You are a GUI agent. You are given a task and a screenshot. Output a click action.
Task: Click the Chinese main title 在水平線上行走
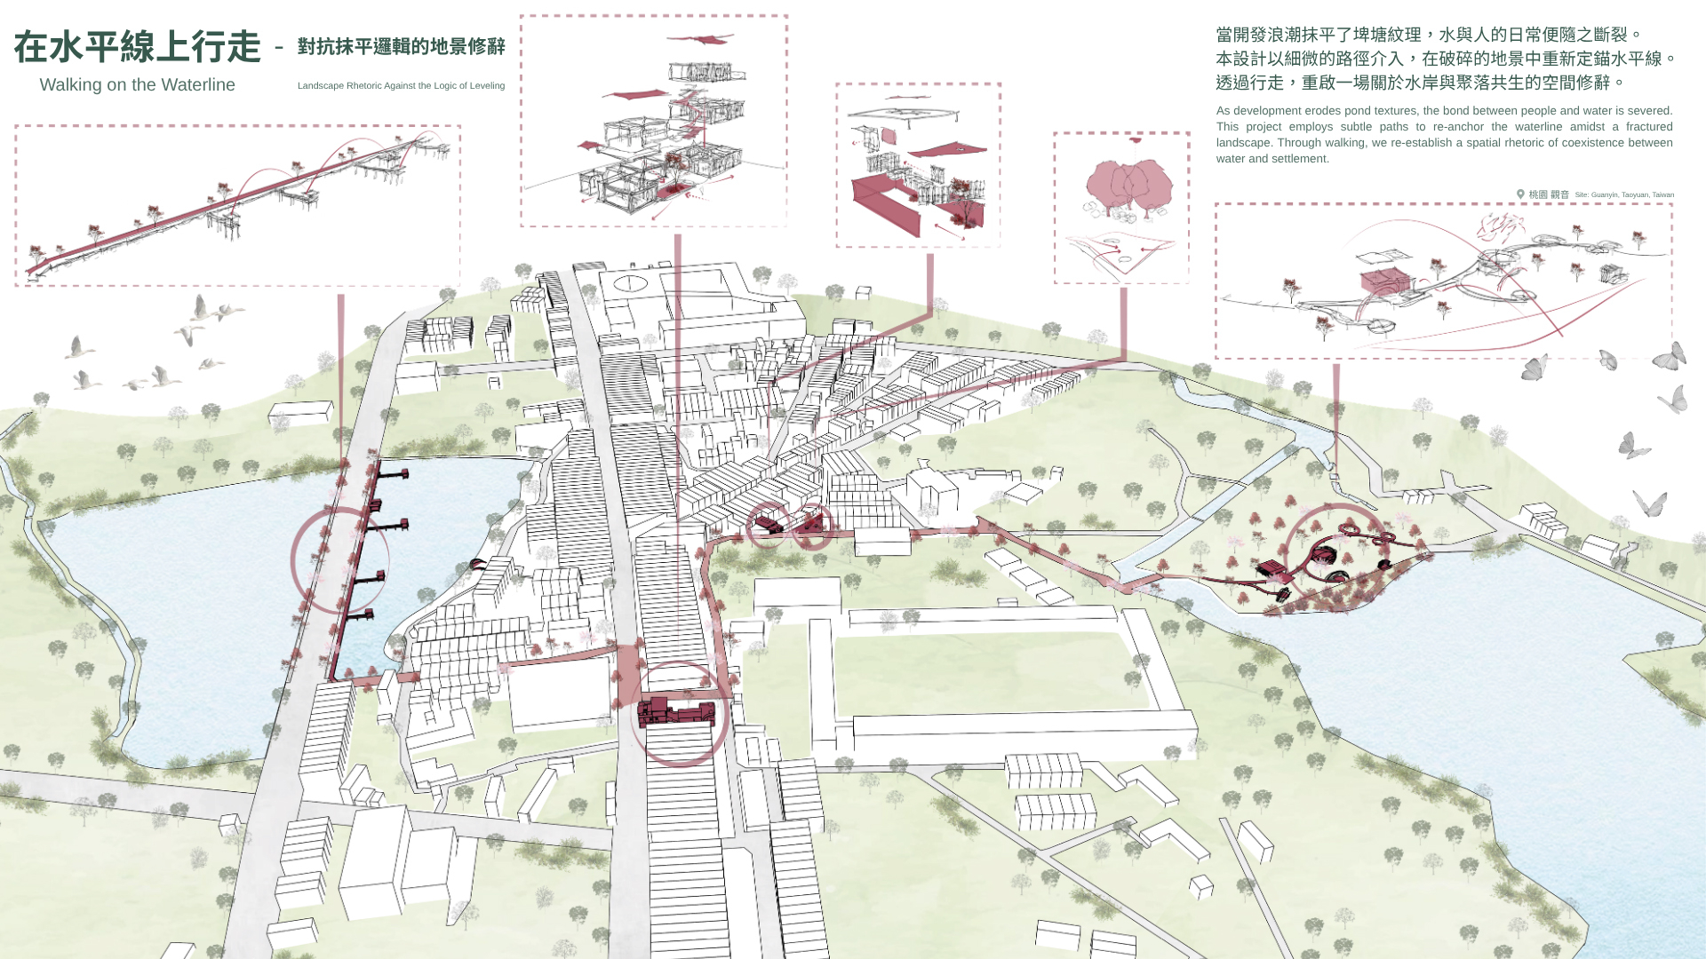[137, 47]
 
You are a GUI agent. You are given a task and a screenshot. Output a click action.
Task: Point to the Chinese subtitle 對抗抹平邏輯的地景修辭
[402, 46]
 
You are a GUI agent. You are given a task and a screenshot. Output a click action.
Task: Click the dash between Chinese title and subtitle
[279, 47]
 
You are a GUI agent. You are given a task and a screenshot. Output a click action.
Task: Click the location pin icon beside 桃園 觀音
[1520, 194]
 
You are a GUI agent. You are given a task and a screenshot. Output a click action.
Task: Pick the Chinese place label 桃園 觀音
[1549, 194]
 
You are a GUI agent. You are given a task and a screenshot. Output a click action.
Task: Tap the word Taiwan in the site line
[1663, 194]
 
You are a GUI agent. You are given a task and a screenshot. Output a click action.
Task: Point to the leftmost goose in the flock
[79, 347]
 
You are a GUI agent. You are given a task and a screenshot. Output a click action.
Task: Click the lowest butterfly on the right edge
[1650, 503]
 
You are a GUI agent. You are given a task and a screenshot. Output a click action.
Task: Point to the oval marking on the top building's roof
[628, 283]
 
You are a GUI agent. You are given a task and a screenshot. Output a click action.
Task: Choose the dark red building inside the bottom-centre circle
[676, 711]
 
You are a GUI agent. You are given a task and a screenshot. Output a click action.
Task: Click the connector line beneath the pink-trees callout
[1123, 323]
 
